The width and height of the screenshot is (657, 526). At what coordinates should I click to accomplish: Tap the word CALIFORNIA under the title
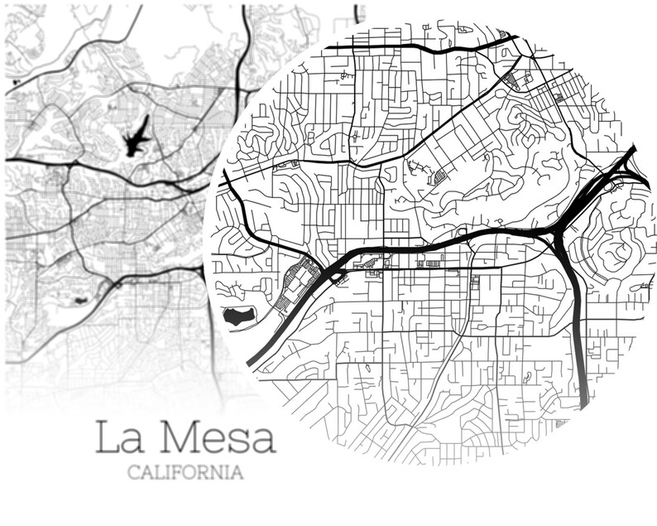click(185, 473)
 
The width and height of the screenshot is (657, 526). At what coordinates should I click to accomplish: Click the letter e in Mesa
click(214, 442)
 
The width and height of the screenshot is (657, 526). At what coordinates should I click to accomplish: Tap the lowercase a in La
click(132, 442)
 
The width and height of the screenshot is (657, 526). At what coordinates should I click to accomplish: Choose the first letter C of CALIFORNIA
click(133, 473)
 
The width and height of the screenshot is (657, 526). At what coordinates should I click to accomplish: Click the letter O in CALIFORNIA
click(195, 473)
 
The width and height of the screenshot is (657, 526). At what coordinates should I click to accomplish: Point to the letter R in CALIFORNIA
click(209, 473)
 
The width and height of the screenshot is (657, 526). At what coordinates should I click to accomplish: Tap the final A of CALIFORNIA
click(237, 473)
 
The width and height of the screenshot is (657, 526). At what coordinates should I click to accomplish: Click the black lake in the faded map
click(137, 138)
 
